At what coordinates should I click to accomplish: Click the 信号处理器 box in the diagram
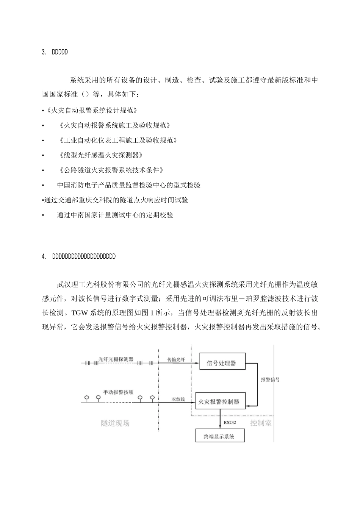[x=222, y=363]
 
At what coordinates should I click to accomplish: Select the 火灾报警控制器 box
[x=219, y=401]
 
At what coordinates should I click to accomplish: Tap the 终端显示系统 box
[x=219, y=436]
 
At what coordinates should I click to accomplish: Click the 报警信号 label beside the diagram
[x=270, y=379]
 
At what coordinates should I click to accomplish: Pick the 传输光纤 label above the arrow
[x=176, y=359]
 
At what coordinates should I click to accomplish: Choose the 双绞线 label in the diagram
[x=178, y=399]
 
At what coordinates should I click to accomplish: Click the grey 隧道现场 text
[x=115, y=423]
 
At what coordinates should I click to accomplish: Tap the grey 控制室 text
[x=261, y=423]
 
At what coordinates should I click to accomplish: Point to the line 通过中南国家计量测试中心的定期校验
[x=115, y=215]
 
